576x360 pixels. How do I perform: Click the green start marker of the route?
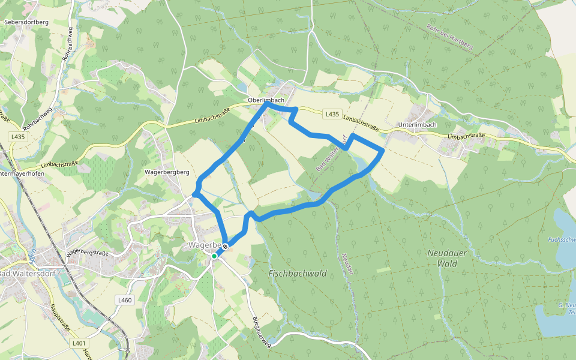pyautogui.click(x=214, y=256)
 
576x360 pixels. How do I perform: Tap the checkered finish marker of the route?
pyautogui.click(x=225, y=246)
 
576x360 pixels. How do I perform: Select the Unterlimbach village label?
pyautogui.click(x=417, y=125)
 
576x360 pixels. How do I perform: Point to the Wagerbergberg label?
pyautogui.click(x=167, y=172)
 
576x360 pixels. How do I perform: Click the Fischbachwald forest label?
pyautogui.click(x=298, y=274)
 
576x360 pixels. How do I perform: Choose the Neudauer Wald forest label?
pyautogui.click(x=446, y=258)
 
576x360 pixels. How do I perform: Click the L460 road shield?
pyautogui.click(x=124, y=300)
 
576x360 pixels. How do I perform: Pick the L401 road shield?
pyautogui.click(x=77, y=343)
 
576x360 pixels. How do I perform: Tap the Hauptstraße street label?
pyautogui.click(x=61, y=318)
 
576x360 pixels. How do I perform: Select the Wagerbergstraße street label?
pyautogui.click(x=88, y=253)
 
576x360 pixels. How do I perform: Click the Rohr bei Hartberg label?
pyautogui.click(x=449, y=37)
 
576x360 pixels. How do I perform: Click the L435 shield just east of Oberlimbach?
pyautogui.click(x=332, y=114)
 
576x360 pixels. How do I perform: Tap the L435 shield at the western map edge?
pyautogui.click(x=18, y=137)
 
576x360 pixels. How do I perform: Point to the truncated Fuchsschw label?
pyautogui.click(x=561, y=239)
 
